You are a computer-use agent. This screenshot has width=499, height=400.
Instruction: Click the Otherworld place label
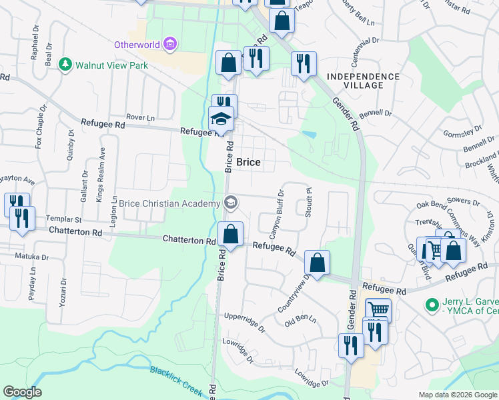click(137, 45)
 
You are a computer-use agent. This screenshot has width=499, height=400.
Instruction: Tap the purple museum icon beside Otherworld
click(170, 45)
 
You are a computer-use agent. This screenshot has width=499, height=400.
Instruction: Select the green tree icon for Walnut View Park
click(65, 65)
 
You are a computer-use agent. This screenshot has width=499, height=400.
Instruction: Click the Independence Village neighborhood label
click(364, 81)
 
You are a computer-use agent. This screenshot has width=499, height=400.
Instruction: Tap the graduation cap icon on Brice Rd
click(221, 119)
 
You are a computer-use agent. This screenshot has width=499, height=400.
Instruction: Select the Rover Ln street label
click(140, 117)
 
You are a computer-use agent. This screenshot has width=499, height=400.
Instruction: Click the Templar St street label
click(63, 219)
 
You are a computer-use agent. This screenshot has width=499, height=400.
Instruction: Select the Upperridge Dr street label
click(245, 322)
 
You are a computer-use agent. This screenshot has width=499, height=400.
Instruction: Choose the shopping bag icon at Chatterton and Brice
click(230, 235)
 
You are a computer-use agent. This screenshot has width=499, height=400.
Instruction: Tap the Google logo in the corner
click(22, 392)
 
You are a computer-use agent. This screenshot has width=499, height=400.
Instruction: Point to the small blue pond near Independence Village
click(309, 135)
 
